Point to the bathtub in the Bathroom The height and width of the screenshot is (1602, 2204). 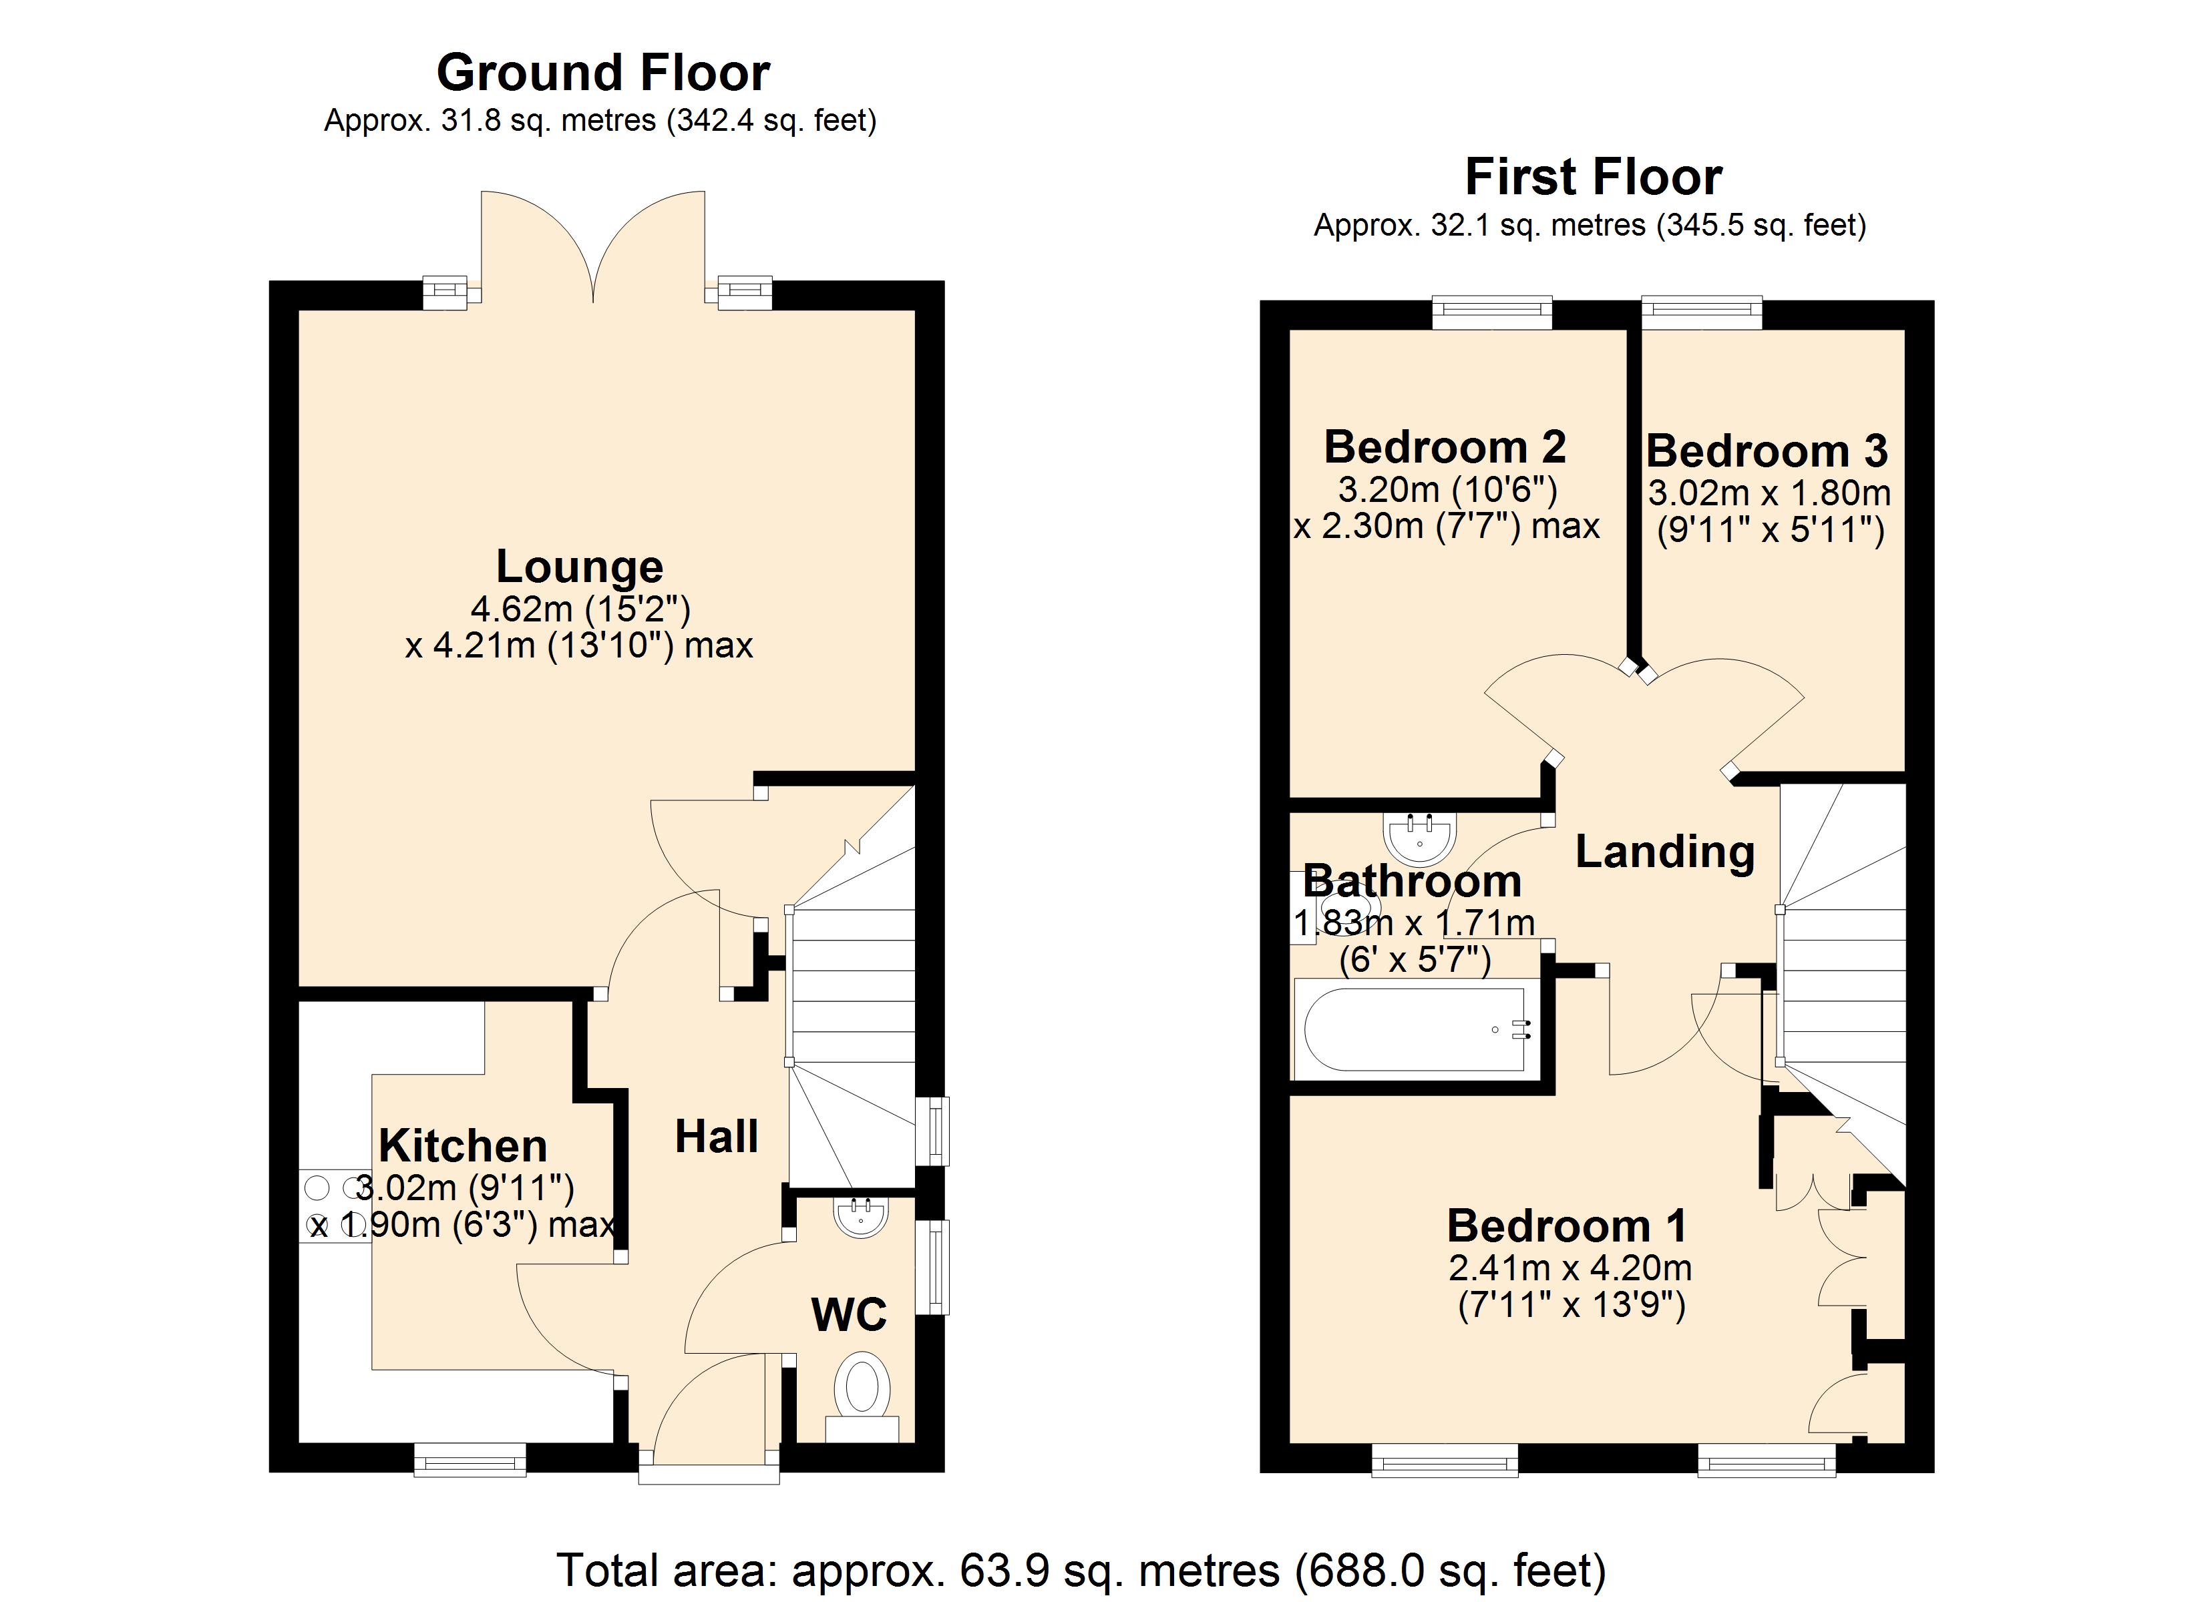click(1414, 1031)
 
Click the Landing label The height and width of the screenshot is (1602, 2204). click(1664, 852)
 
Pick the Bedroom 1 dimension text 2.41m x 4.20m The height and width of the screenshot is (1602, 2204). click(1570, 1268)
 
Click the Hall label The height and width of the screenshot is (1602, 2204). click(716, 1137)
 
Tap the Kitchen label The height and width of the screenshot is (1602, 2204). click(463, 1146)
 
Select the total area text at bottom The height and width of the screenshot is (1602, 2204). click(1081, 1570)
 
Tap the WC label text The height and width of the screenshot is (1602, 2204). click(848, 1316)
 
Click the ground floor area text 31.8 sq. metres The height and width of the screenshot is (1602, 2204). click(600, 120)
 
